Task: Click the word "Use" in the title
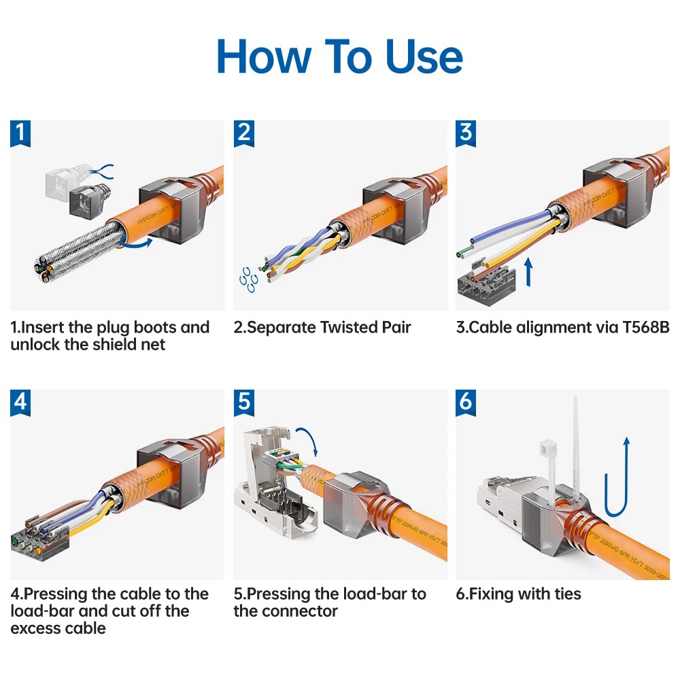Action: tap(424, 57)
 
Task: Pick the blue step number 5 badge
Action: tap(243, 402)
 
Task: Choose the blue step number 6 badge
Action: tap(466, 402)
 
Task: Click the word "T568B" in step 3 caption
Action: tap(645, 328)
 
